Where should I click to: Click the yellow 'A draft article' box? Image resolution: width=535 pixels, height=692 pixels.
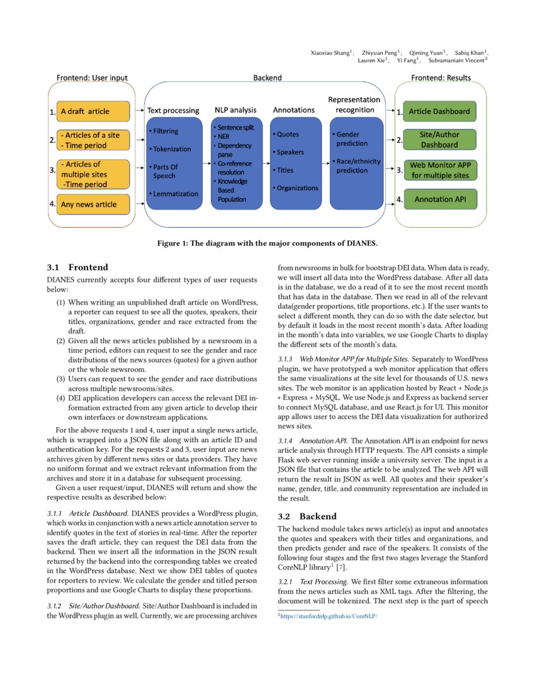tap(93, 111)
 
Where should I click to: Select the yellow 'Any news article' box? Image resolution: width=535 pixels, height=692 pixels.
tap(93, 204)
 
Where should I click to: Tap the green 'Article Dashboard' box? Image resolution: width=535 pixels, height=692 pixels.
tap(439, 111)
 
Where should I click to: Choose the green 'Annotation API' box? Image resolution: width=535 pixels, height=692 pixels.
tap(439, 199)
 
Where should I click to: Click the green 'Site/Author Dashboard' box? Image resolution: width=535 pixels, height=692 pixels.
tap(439, 140)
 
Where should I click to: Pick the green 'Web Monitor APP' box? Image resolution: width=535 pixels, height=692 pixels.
tap(440, 170)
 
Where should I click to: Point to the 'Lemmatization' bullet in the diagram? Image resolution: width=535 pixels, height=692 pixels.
tap(175, 194)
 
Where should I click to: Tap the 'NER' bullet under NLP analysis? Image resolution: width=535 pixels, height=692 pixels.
tap(224, 136)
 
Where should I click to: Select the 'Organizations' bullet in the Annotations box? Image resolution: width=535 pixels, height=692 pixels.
tap(296, 188)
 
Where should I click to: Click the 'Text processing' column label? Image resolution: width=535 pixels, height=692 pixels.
tap(173, 110)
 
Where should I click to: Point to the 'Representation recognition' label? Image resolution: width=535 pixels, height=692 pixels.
tap(354, 104)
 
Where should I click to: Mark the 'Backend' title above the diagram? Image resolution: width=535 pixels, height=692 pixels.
tap(267, 78)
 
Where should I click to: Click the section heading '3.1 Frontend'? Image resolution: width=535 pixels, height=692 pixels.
tap(77, 267)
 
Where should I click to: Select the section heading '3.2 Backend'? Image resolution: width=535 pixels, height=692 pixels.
tap(308, 516)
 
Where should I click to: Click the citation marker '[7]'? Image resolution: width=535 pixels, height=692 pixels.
tap(341, 567)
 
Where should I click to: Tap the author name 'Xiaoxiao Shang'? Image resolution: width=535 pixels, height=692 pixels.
tap(331, 52)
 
